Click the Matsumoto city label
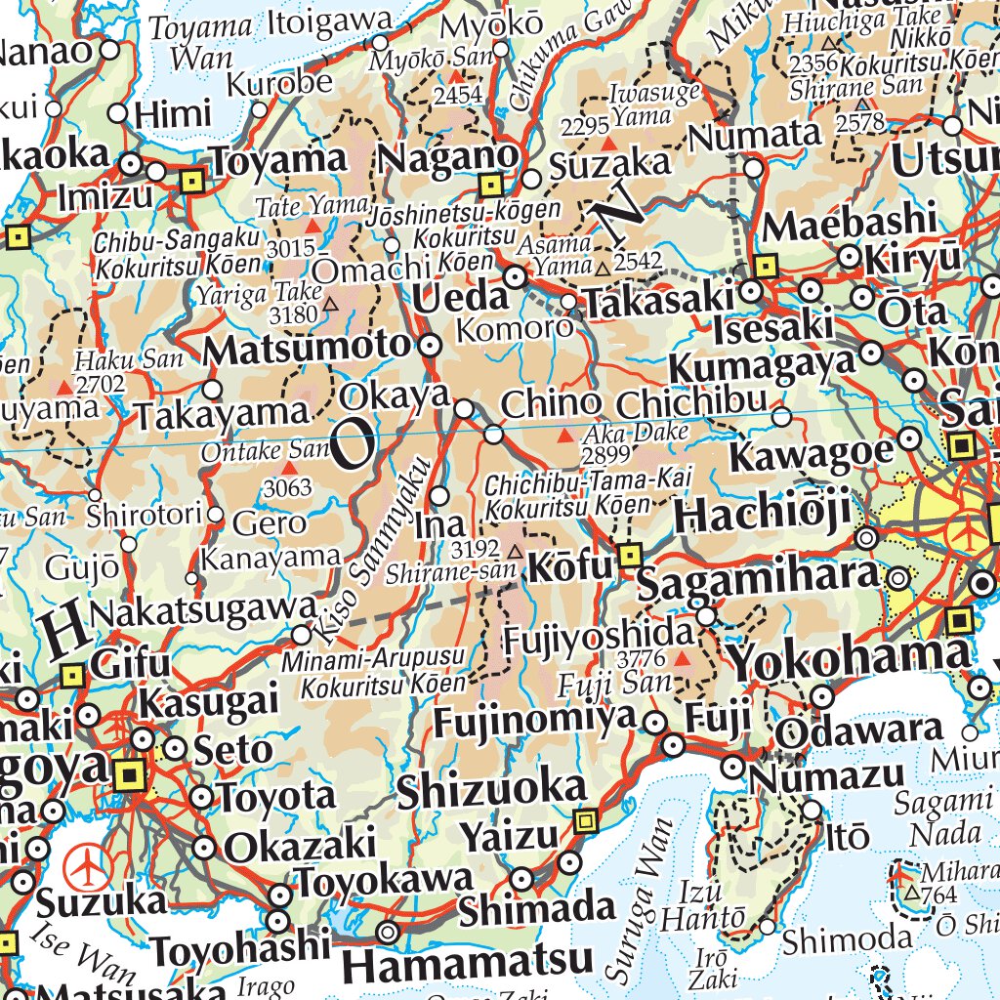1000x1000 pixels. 309,348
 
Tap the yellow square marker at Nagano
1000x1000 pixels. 490,184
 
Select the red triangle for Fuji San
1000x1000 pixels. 683,659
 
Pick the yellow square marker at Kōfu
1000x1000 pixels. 631,557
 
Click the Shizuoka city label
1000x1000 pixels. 491,791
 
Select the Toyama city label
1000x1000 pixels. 279,159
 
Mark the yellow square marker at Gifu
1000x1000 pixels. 72,675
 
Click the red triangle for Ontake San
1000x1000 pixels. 289,470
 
